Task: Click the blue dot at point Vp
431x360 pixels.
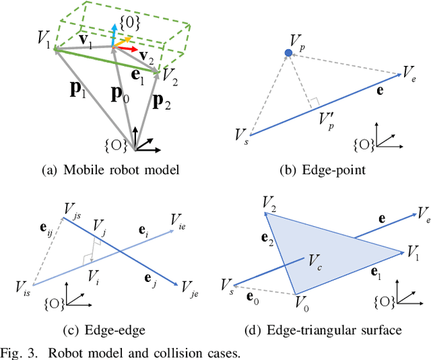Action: pyautogui.click(x=289, y=52)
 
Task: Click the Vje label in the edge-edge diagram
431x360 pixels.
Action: pyautogui.click(x=191, y=288)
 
